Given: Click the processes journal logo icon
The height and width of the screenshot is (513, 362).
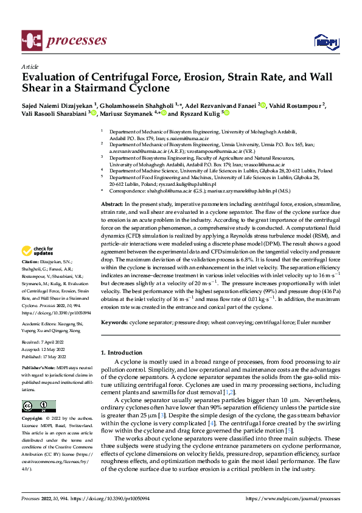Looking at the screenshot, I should click(x=31, y=41).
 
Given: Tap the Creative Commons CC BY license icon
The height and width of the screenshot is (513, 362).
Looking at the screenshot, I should click(x=38, y=406).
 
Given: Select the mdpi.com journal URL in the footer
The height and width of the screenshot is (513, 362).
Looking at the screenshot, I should click(x=292, y=498).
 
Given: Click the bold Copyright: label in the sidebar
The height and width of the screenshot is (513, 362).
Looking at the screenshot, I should click(x=32, y=419).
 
